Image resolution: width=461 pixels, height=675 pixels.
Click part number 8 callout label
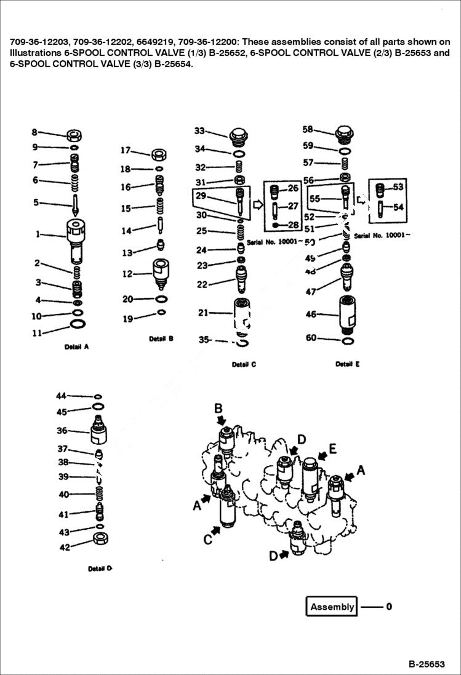click(34, 132)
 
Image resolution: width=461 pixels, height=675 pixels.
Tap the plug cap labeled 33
click(238, 135)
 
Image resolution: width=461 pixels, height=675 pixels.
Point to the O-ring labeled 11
click(78, 324)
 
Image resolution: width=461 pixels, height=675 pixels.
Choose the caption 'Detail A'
click(77, 346)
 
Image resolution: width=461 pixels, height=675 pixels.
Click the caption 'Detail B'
click(161, 339)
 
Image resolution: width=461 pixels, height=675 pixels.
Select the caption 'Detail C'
click(244, 364)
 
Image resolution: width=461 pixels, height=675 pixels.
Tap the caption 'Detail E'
click(348, 364)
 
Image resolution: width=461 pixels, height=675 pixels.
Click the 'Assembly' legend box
click(332, 607)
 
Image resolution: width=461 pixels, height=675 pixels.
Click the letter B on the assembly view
click(218, 408)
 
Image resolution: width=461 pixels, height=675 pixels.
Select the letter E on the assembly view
click(332, 449)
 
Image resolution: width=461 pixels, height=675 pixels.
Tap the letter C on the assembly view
click(208, 538)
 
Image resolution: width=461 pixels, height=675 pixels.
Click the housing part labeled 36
click(99, 431)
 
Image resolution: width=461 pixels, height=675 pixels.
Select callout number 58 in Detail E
click(308, 129)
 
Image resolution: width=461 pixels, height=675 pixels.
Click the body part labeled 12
click(160, 272)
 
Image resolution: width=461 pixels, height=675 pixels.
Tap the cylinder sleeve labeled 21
click(241, 315)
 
